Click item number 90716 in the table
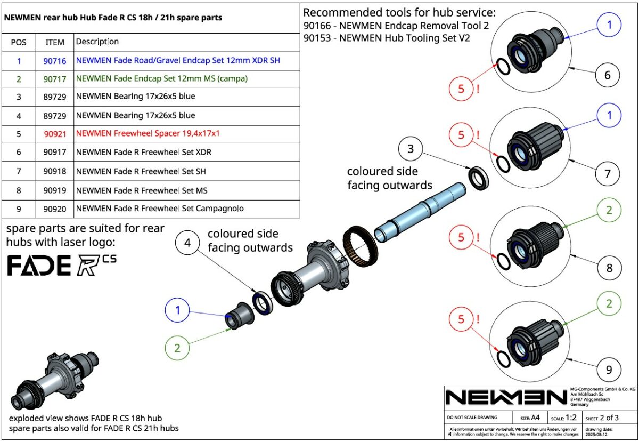point(55,61)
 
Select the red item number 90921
point(55,133)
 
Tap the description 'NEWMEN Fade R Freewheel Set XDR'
point(144,152)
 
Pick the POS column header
point(19,42)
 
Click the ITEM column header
point(55,42)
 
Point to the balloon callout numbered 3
point(411,149)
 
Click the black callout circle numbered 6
point(608,75)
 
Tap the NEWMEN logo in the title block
point(506,397)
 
